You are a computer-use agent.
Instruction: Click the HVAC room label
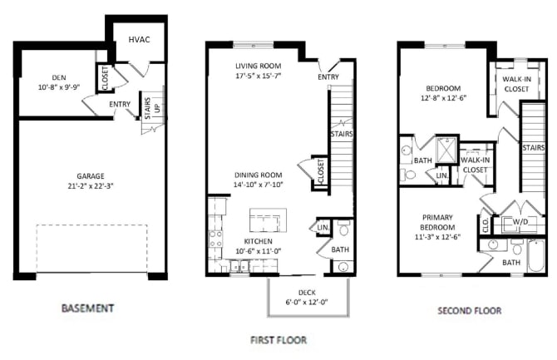138,40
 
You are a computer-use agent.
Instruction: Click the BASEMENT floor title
87,308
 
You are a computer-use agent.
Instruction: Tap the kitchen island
268,220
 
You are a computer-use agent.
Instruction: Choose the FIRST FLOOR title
278,339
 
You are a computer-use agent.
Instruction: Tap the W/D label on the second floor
520,223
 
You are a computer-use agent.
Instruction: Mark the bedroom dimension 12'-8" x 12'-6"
448,96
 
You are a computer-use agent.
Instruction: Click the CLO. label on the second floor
486,224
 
